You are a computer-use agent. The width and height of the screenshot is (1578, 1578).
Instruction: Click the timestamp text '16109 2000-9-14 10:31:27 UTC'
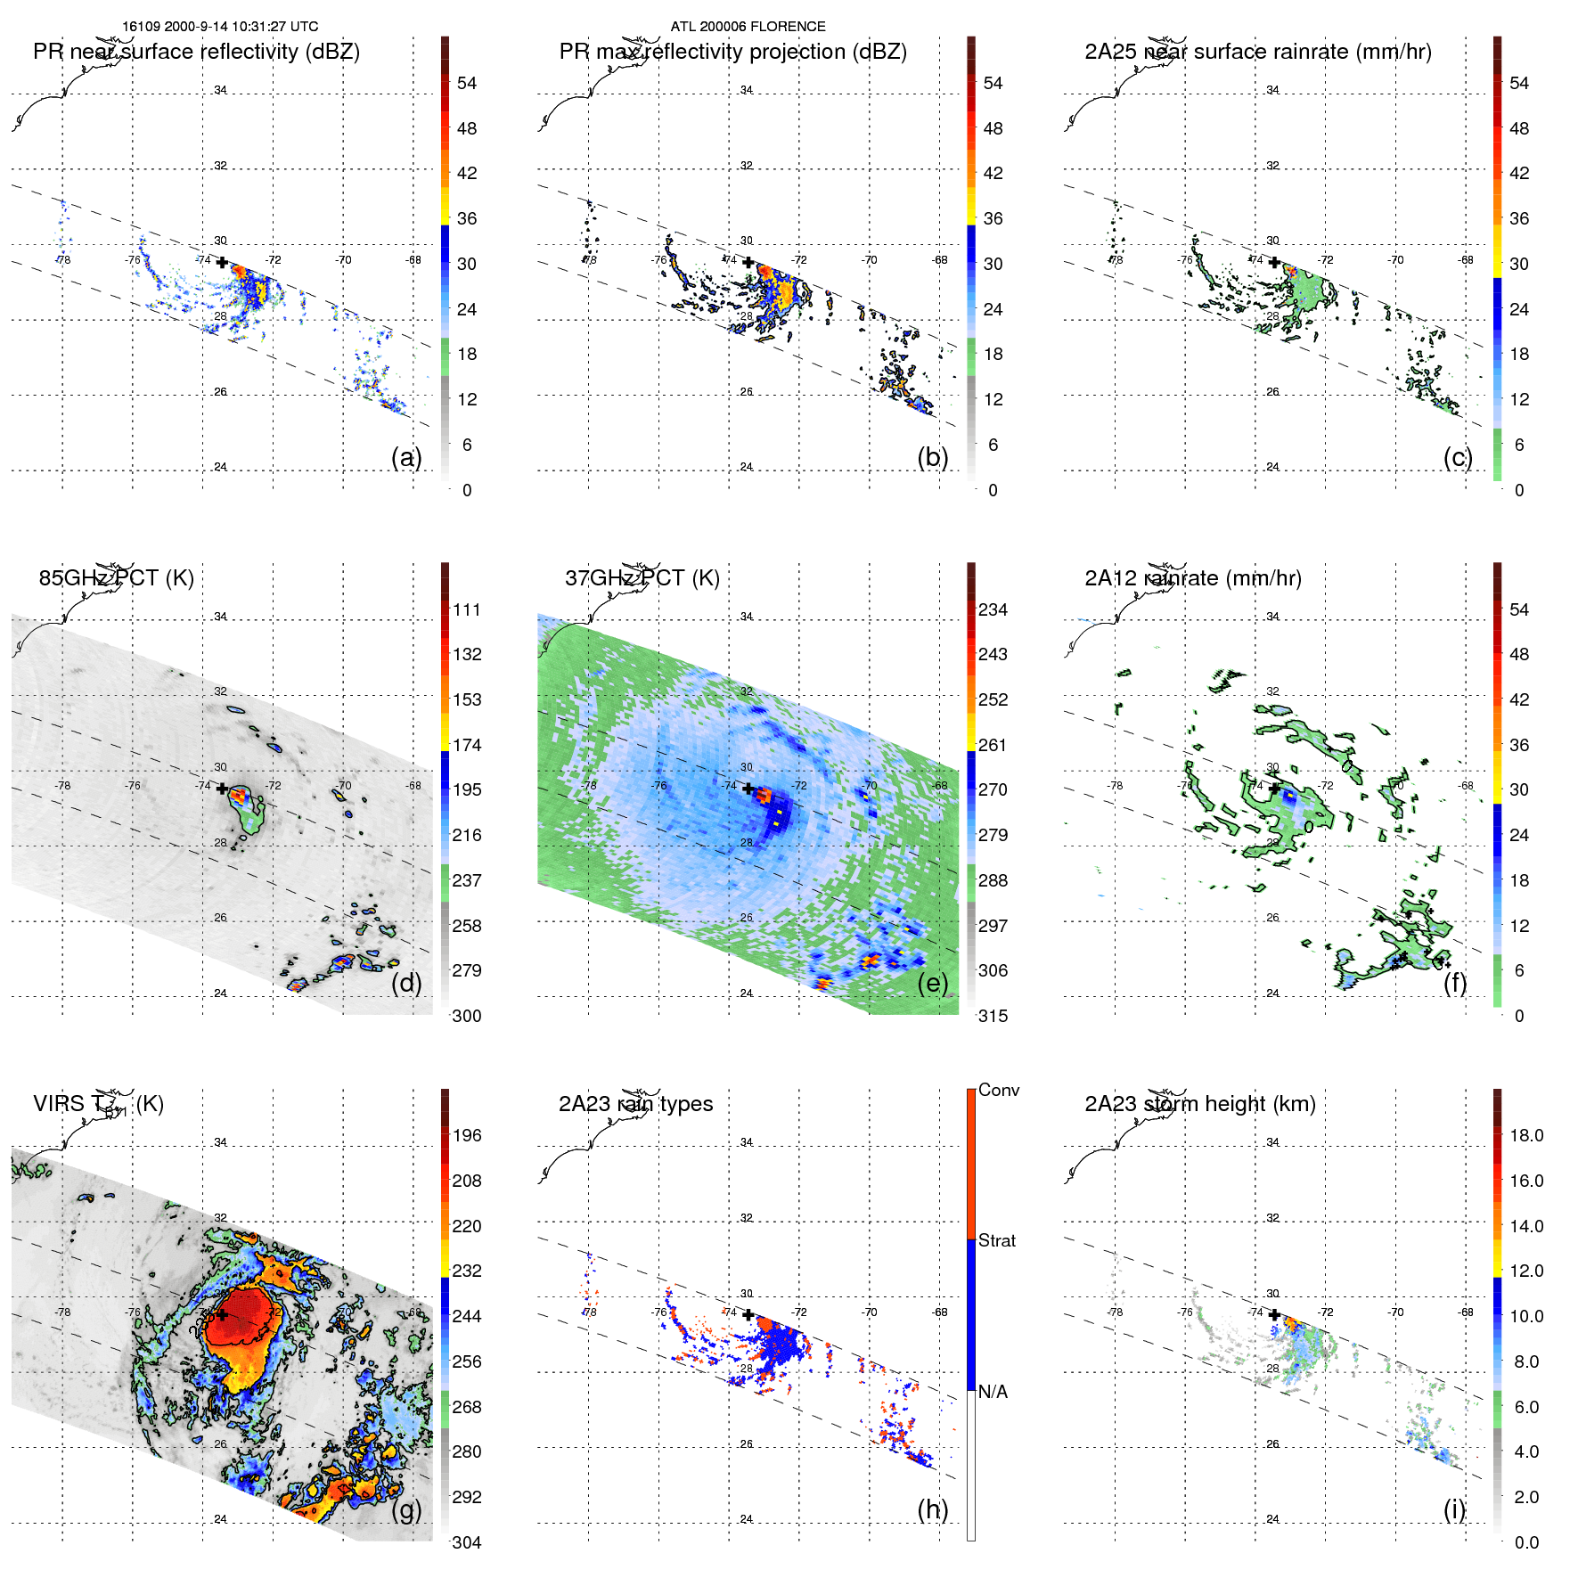(x=220, y=27)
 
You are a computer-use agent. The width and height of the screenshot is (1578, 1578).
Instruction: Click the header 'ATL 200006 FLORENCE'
(x=748, y=27)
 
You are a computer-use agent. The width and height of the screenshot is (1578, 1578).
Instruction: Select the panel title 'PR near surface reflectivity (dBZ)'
(x=196, y=52)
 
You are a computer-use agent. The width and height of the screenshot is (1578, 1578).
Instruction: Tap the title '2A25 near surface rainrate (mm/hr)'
(x=1257, y=52)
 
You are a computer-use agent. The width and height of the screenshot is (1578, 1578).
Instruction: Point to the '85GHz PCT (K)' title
(x=116, y=578)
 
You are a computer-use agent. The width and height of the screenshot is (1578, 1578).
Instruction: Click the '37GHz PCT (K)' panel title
(x=642, y=578)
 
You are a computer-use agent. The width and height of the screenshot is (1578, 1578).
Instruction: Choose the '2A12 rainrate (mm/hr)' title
(x=1192, y=578)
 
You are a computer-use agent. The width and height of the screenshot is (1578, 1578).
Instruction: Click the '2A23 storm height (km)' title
(x=1199, y=1104)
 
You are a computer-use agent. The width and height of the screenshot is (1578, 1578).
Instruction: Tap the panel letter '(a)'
(x=405, y=457)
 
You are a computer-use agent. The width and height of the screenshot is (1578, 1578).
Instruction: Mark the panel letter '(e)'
(x=932, y=983)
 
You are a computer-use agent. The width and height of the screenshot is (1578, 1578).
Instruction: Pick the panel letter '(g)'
(x=405, y=1509)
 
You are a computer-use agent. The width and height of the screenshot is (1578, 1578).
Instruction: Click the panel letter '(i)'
(x=1454, y=1509)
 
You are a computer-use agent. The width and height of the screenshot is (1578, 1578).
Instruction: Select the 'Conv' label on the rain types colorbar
(x=998, y=1090)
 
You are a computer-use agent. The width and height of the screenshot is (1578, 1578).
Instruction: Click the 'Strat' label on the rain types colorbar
(x=996, y=1240)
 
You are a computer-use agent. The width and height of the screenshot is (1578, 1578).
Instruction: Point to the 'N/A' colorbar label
(x=992, y=1392)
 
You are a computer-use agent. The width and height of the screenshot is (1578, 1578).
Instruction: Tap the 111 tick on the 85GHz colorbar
(x=466, y=609)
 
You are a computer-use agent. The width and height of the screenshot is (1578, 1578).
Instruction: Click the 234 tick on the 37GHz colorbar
(x=992, y=609)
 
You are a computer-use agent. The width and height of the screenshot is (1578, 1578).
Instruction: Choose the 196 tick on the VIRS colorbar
(x=466, y=1135)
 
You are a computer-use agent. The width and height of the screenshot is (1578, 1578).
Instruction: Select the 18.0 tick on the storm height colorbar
(x=1525, y=1135)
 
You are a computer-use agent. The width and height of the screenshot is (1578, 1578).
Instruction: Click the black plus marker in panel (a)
(x=222, y=263)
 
